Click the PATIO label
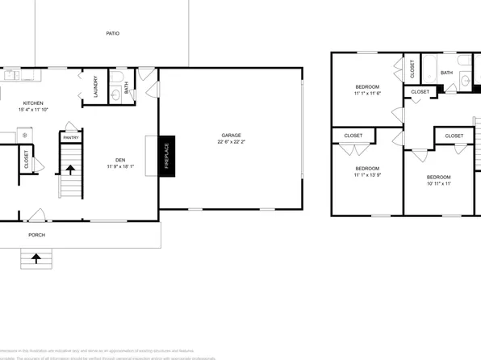[112, 33]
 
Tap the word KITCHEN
[33, 103]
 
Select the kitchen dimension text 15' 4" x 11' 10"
[33, 110]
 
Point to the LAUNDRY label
[95, 87]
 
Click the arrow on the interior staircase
[70, 170]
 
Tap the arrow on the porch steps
[36, 258]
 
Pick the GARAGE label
[232, 135]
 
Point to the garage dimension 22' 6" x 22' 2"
[232, 142]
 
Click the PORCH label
[36, 235]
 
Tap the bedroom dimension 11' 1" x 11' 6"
[366, 94]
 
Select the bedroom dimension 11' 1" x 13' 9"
[366, 174]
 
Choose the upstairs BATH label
[446, 73]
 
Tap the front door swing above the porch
[36, 215]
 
